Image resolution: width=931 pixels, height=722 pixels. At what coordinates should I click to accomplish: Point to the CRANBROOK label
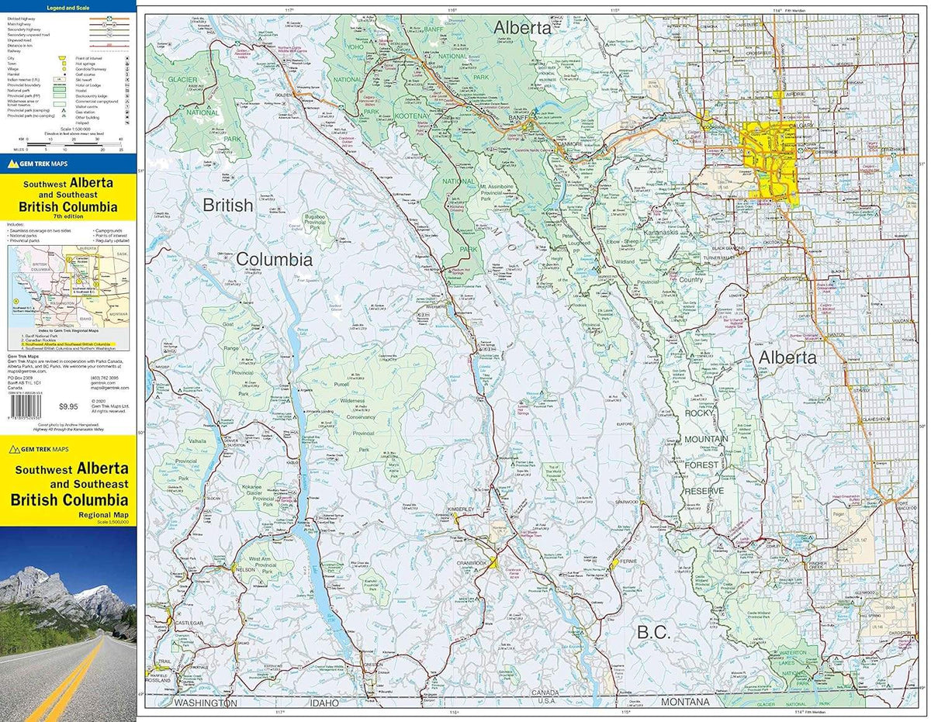click(x=474, y=562)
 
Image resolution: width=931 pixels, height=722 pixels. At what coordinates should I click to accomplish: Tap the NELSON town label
click(x=245, y=569)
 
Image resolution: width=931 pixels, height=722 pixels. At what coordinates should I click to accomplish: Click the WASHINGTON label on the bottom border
click(x=205, y=703)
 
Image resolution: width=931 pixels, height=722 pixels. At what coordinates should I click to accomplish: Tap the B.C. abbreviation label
click(x=652, y=632)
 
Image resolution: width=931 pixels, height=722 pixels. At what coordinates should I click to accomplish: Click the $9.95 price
click(x=70, y=406)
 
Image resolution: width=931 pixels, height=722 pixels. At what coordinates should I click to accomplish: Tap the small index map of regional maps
click(x=67, y=283)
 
